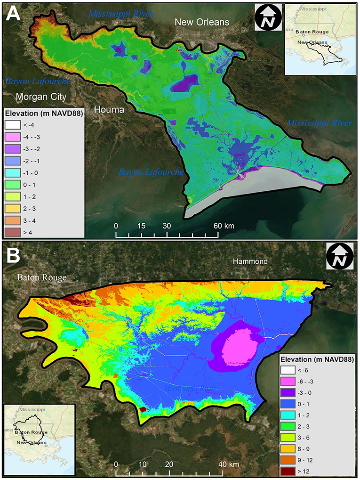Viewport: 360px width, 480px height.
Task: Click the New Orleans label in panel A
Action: pyautogui.click(x=202, y=22)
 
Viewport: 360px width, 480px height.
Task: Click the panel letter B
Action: pyautogui.click(x=14, y=258)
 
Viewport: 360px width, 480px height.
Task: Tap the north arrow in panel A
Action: pyautogui.click(x=268, y=17)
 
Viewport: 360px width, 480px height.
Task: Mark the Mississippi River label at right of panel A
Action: pyautogui.click(x=320, y=123)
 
